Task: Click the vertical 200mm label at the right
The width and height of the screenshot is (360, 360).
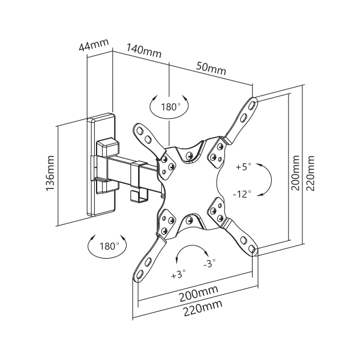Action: (295, 173)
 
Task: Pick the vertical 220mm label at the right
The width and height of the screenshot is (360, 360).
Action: (309, 173)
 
